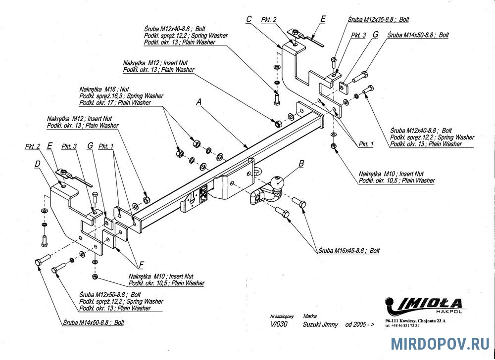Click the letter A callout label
198,102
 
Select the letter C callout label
249,20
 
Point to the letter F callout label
142,264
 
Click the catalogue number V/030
279,324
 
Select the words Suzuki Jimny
320,324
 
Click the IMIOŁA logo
423,306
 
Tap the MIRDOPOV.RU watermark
440,344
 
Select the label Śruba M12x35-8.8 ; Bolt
378,20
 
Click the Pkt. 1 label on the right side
366,144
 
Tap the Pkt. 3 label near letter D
69,146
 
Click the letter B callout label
301,163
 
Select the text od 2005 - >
360,324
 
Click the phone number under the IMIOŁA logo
402,326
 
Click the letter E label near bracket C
323,19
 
